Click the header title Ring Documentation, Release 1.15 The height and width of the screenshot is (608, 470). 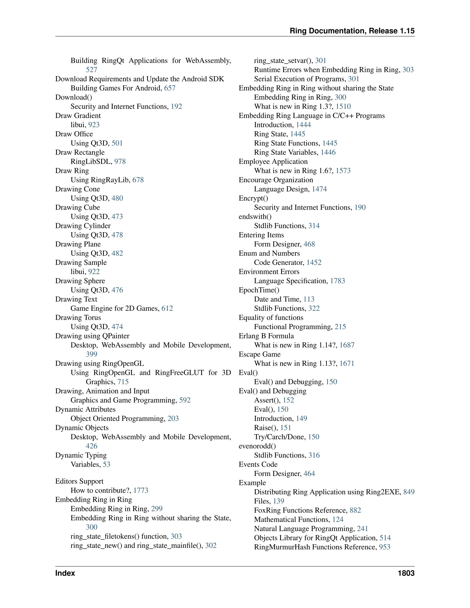[x=352, y=31]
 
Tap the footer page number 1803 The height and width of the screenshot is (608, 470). [x=406, y=573]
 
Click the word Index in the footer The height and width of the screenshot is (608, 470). [x=65, y=573]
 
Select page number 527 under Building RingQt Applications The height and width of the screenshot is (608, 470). [x=92, y=70]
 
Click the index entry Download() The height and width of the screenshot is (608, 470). [x=73, y=98]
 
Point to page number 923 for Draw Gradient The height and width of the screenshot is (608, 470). [x=94, y=125]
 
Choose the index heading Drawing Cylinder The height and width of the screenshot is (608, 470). [x=83, y=226]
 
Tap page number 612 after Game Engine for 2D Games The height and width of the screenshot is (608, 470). [x=167, y=308]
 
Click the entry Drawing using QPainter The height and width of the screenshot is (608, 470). [x=92, y=336]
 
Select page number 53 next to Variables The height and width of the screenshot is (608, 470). [x=107, y=464]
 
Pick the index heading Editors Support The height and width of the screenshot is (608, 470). [x=79, y=481]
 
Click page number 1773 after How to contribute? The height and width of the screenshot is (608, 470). [x=141, y=491]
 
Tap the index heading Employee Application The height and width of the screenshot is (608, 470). [x=273, y=162]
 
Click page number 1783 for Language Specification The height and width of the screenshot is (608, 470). [x=337, y=281]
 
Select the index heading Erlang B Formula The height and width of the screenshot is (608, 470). [x=266, y=336]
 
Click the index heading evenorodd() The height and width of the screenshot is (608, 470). [x=257, y=446]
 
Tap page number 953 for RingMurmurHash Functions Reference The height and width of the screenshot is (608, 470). [x=385, y=547]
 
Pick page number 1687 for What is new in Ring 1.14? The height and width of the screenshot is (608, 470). [x=347, y=345]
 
